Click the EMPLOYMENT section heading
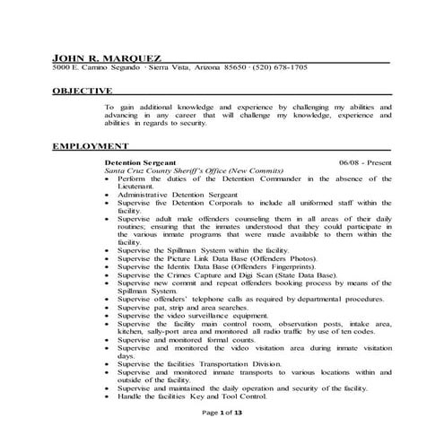pos(90,145)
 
